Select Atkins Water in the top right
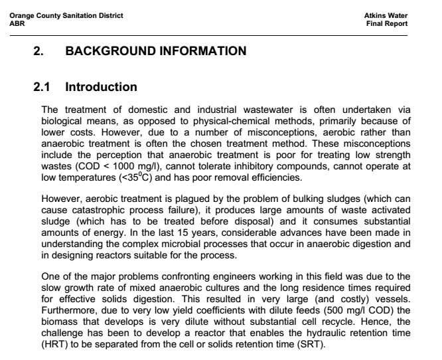(386, 15)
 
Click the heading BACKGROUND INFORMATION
(155, 50)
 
